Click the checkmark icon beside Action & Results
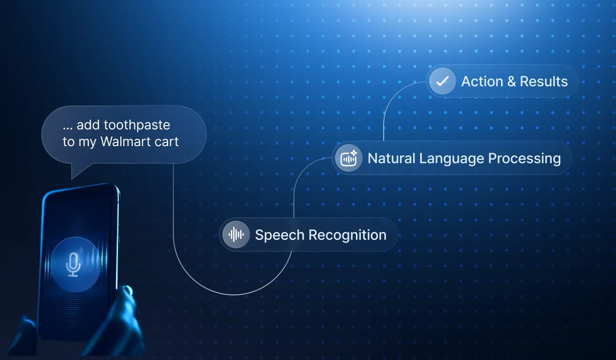pyautogui.click(x=442, y=81)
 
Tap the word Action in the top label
pyautogui.click(x=482, y=81)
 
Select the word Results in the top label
pyautogui.click(x=544, y=81)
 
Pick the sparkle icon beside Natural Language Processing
pyautogui.click(x=348, y=158)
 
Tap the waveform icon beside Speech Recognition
pyautogui.click(x=236, y=235)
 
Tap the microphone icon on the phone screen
pyautogui.click(x=73, y=264)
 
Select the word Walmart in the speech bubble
pyautogui.click(x=122, y=142)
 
